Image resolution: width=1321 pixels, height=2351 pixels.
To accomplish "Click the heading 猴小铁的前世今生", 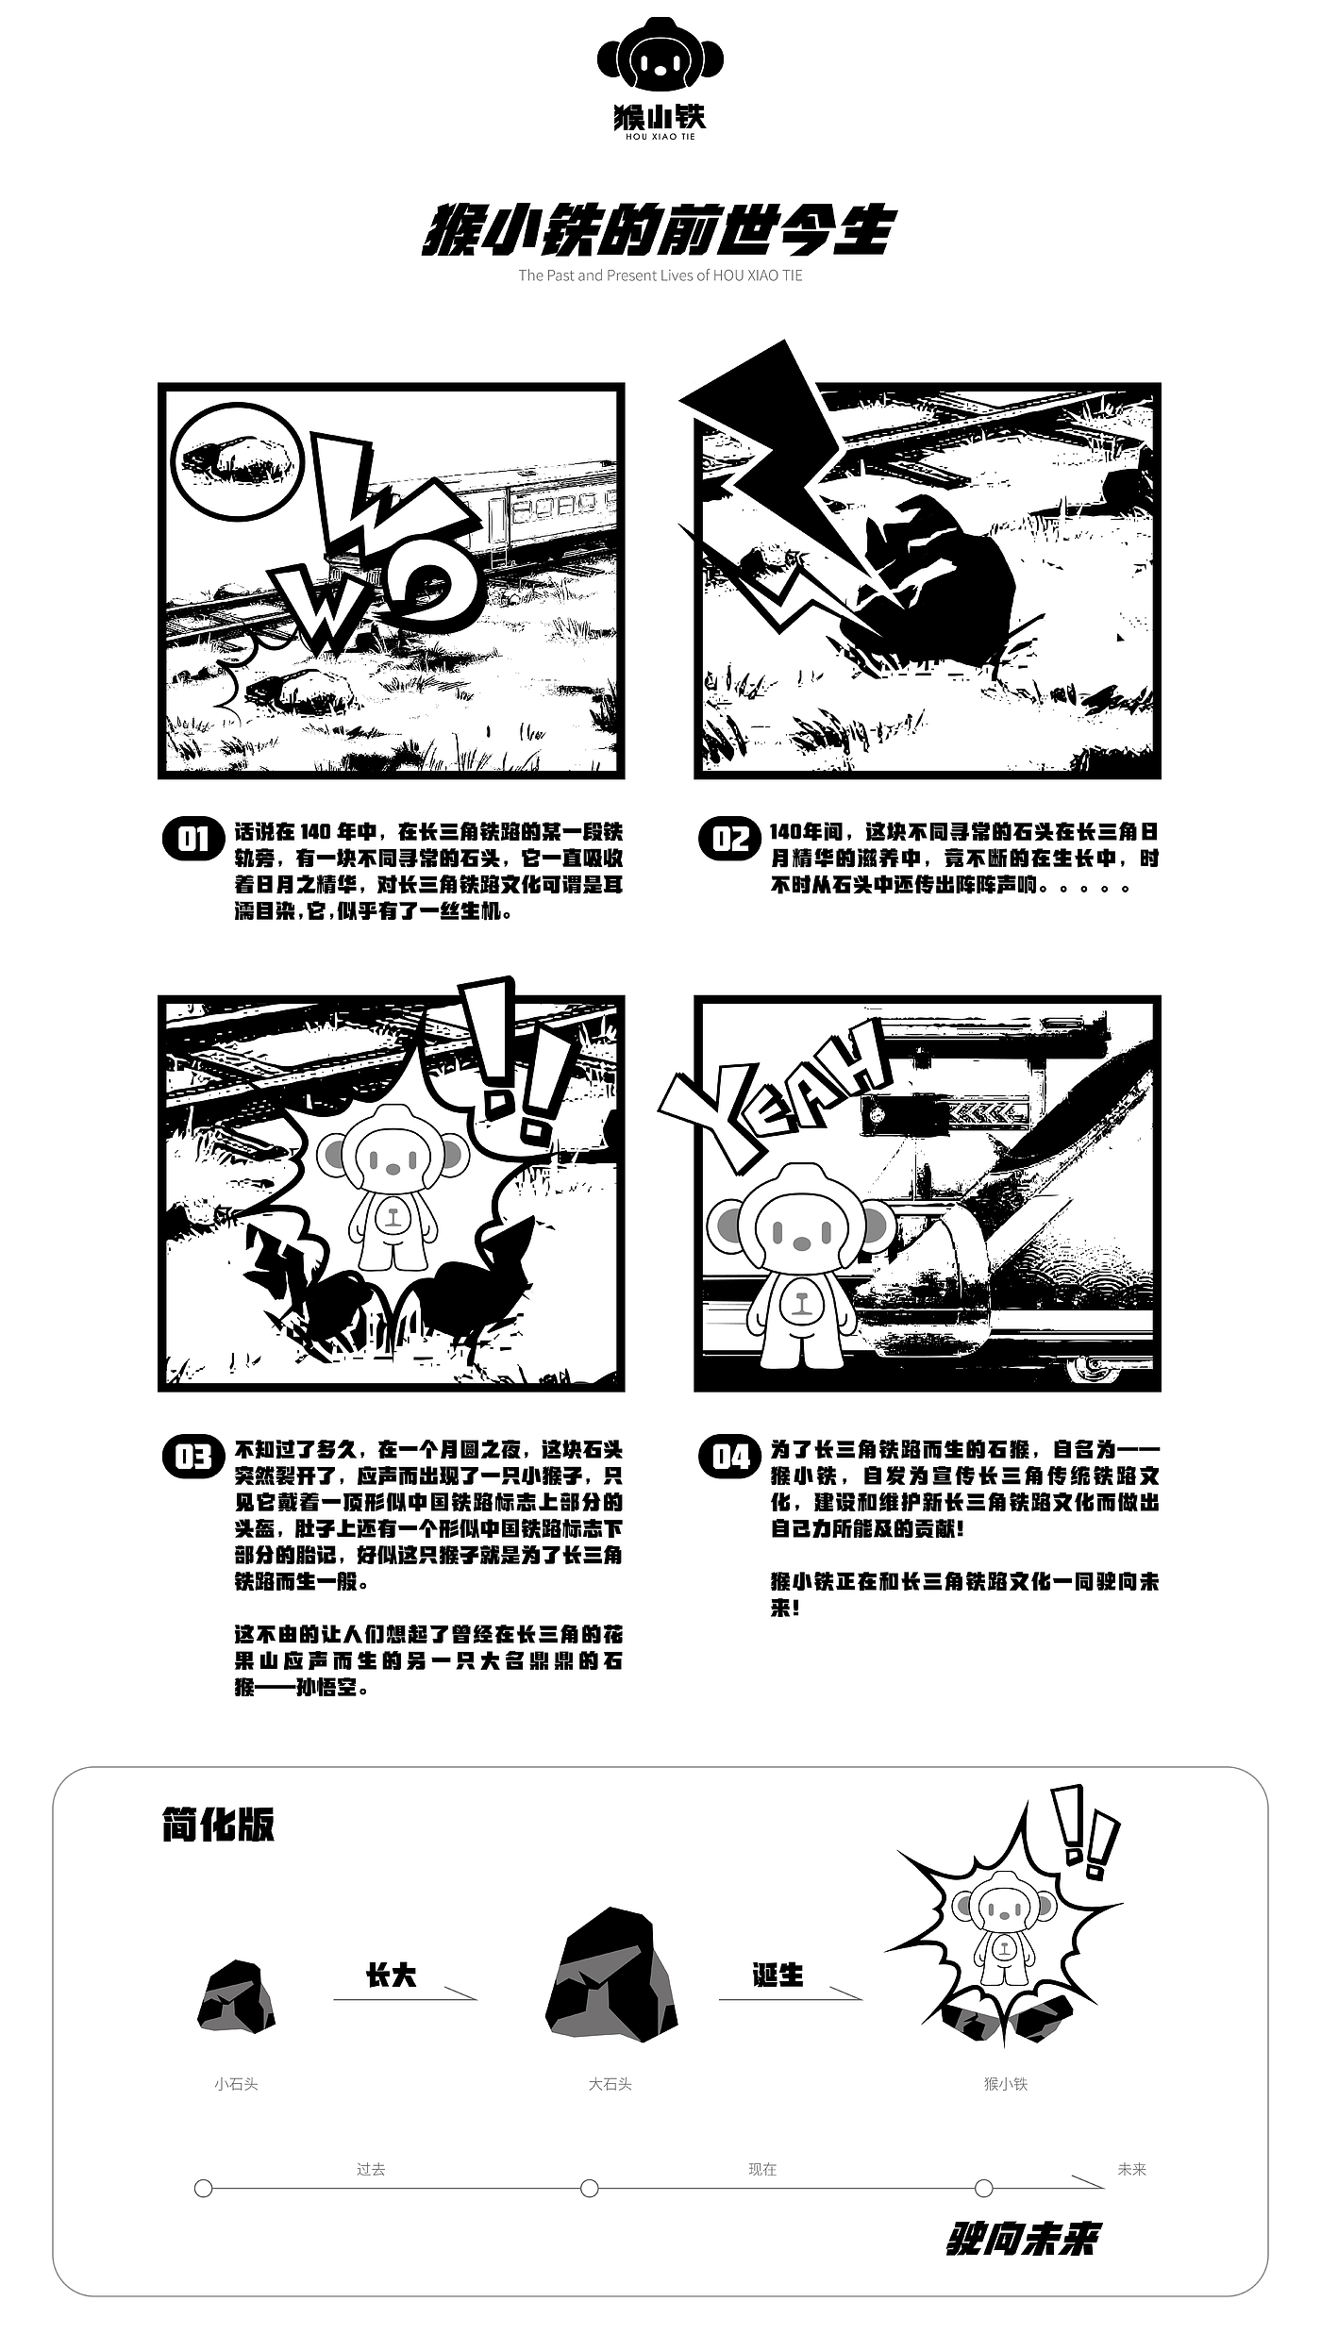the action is pos(658,229).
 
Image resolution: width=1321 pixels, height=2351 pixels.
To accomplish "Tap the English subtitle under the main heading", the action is pos(660,275).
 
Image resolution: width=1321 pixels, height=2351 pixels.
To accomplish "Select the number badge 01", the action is pos(194,838).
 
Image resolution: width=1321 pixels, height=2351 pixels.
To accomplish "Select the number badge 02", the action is pos(730,838).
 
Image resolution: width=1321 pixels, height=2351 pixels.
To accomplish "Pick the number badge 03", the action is pos(194,1457).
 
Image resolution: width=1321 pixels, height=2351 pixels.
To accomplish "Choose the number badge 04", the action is pos(730,1457).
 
